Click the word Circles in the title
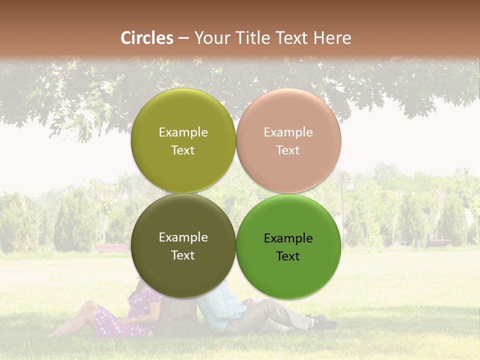tap(147, 38)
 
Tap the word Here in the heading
tap(332, 38)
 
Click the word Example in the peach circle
tap(288, 132)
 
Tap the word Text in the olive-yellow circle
tap(183, 150)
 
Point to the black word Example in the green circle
tap(288, 238)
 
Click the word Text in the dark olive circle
tap(183, 255)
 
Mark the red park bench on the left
tap(112, 248)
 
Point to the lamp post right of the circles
tap(343, 210)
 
